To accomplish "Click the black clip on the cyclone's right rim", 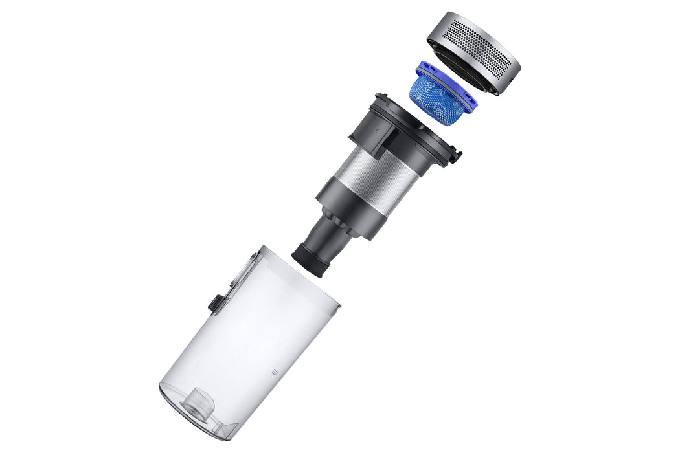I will (x=456, y=155).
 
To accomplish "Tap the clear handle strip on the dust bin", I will (x=242, y=272).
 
